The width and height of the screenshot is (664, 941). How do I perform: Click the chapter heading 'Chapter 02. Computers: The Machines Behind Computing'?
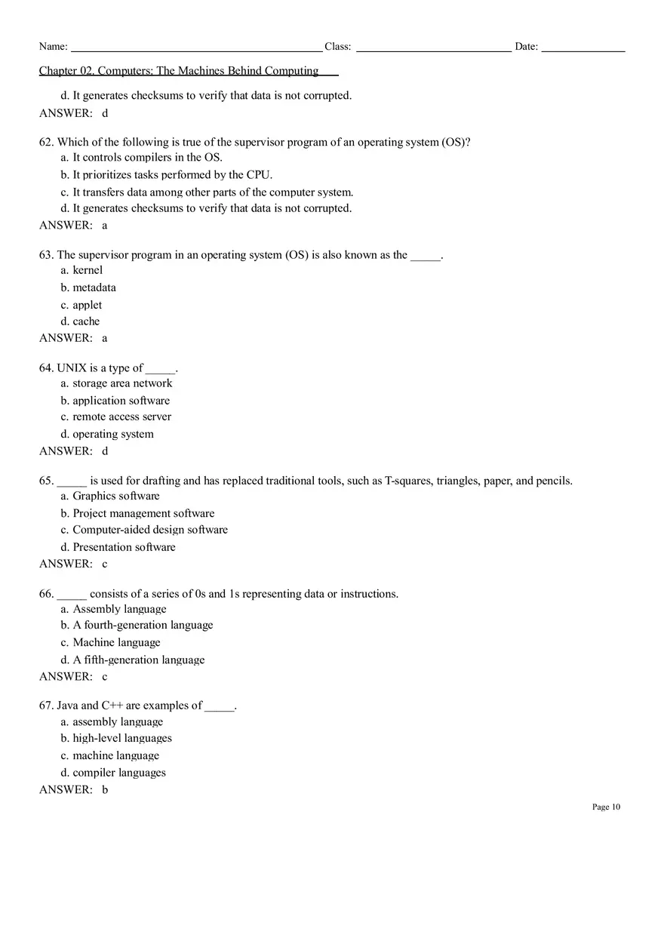point(179,71)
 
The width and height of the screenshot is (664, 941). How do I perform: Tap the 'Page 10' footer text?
point(606,807)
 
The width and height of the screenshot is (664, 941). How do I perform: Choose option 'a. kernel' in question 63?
point(81,270)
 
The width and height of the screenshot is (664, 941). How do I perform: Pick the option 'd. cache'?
point(80,321)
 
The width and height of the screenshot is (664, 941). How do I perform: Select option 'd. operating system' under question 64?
point(107,434)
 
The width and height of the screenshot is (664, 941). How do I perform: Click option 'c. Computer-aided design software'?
point(144,530)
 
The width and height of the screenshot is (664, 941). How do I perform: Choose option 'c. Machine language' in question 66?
point(110,642)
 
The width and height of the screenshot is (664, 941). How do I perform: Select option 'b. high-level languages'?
point(116,738)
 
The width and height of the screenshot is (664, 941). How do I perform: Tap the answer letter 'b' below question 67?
point(105,789)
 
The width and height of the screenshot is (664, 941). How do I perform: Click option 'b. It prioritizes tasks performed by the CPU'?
point(167,175)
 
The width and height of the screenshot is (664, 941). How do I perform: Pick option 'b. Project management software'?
point(137,513)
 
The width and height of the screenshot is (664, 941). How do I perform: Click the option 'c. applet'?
point(81,305)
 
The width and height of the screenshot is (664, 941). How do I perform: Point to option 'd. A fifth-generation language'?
point(133,660)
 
